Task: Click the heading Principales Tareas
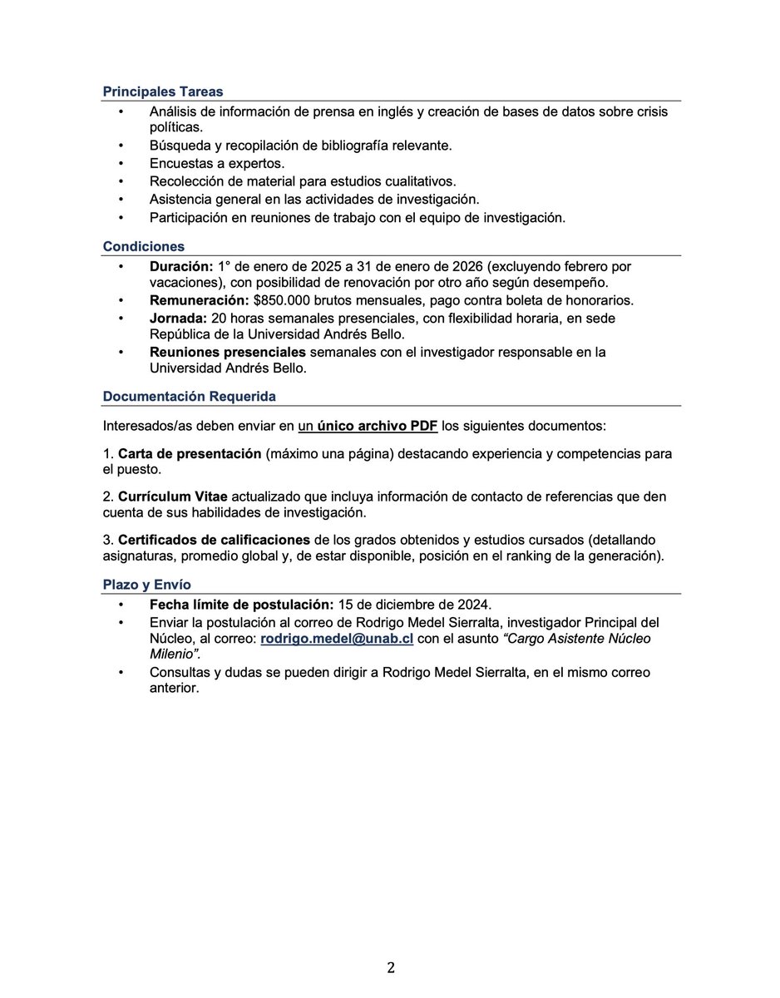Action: pyautogui.click(x=162, y=91)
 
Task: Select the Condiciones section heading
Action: pyautogui.click(x=143, y=246)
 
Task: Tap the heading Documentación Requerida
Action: pyautogui.click(x=189, y=397)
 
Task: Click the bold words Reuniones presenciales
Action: pyautogui.click(x=228, y=352)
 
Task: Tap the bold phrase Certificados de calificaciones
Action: pyautogui.click(x=210, y=540)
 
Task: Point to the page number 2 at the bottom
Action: pyautogui.click(x=390, y=968)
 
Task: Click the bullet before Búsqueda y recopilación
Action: pyautogui.click(x=121, y=146)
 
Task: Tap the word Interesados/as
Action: pyautogui.click(x=148, y=426)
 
